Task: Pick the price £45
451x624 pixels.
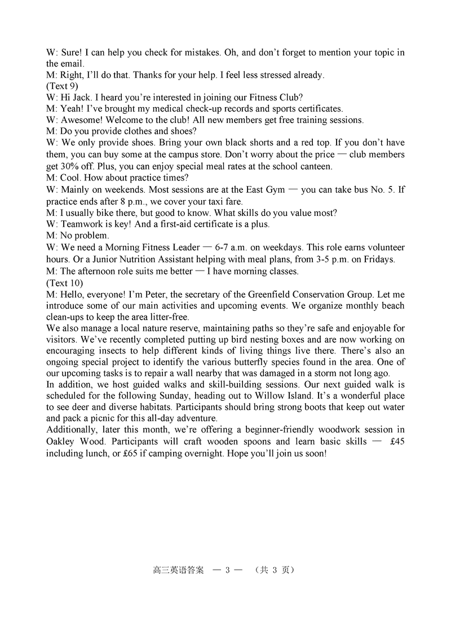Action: click(x=397, y=442)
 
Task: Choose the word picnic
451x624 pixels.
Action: click(x=116, y=419)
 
